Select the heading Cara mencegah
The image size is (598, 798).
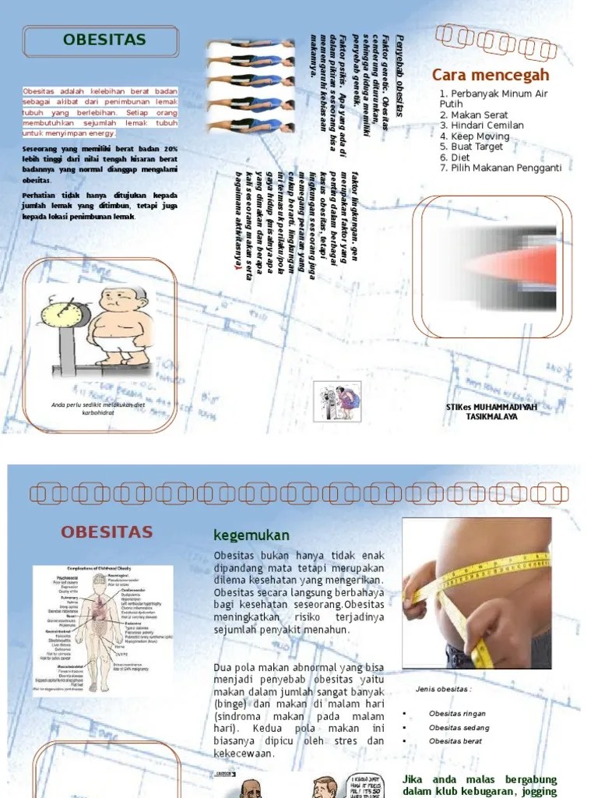click(x=491, y=76)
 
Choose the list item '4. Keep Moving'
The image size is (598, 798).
click(x=474, y=136)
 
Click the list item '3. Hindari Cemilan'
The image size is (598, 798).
click(x=481, y=125)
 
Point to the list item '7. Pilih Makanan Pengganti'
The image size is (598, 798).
click(x=500, y=167)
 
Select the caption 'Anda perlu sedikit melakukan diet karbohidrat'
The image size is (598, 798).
click(x=98, y=408)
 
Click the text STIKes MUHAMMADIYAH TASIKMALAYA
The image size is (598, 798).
click(x=491, y=411)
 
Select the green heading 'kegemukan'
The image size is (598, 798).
click(x=251, y=535)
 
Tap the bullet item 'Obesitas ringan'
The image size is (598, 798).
click(x=456, y=713)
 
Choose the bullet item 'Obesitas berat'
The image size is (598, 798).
click(x=454, y=741)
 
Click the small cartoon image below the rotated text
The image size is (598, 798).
click(x=338, y=402)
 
